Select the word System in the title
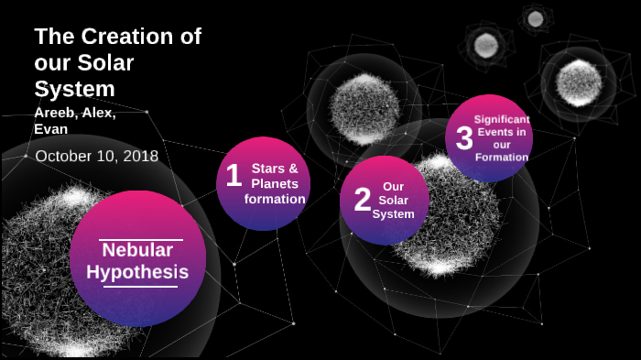coord(74,89)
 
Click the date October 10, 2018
coord(96,156)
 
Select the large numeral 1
coord(234,175)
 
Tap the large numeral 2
coord(363,199)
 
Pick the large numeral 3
coord(464,138)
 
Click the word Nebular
coord(137,250)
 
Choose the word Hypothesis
coord(137,272)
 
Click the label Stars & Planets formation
coord(275,183)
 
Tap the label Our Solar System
coord(394,200)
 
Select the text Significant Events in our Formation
coord(501,137)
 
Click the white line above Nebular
coord(141,239)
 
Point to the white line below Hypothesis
coord(140,287)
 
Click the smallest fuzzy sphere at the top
coord(535,18)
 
